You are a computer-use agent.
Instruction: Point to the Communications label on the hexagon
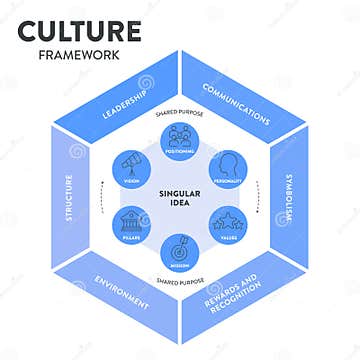click(x=235, y=102)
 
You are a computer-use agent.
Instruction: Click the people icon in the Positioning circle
click(x=181, y=134)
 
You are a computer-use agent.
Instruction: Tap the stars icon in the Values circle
click(x=229, y=219)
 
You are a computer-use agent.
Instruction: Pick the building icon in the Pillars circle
click(x=132, y=219)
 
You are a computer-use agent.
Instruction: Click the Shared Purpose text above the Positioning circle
click(x=180, y=113)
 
